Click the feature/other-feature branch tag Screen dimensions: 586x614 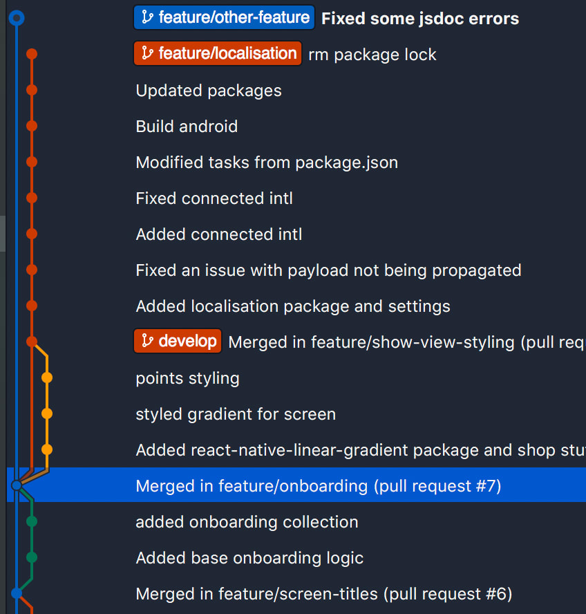coord(224,17)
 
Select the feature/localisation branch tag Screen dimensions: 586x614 coord(218,53)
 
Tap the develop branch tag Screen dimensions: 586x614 coord(178,341)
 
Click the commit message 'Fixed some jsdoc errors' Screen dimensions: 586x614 coord(420,19)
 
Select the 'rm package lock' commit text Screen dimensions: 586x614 coord(372,55)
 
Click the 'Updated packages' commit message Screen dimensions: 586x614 coord(209,91)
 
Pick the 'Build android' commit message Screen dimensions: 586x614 coord(187,127)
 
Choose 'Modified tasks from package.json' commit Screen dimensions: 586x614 coord(267,162)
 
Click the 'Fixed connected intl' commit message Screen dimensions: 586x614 coord(214,198)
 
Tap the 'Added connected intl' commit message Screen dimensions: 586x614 coord(219,234)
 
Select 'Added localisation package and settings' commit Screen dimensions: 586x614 coord(293,306)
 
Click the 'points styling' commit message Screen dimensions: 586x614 coord(187,378)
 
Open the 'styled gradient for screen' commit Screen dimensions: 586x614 coord(236,414)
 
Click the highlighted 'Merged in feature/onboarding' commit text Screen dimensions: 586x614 coord(319,486)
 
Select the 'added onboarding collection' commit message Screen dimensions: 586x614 coord(247,522)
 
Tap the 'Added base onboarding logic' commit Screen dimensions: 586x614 coord(249,558)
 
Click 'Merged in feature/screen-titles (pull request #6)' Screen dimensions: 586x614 coord(323,594)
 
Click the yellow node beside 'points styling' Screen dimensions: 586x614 coord(47,378)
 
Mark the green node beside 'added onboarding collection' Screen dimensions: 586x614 coord(32,521)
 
